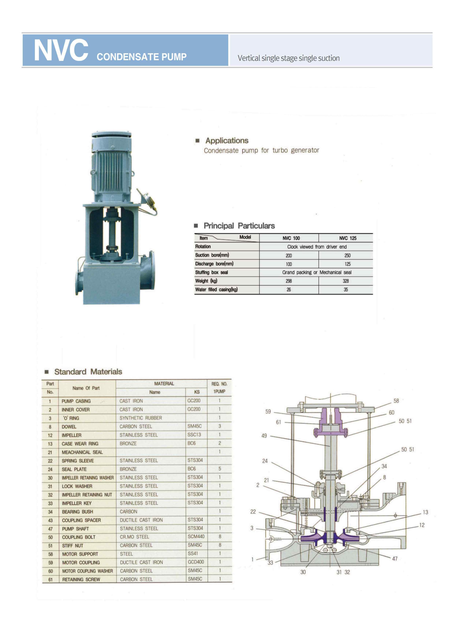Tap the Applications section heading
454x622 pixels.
(227, 141)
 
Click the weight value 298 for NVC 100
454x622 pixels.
(289, 281)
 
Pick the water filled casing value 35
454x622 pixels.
(346, 289)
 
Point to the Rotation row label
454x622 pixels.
(203, 247)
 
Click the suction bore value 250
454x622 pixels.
(347, 255)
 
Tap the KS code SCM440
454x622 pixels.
(196, 536)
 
